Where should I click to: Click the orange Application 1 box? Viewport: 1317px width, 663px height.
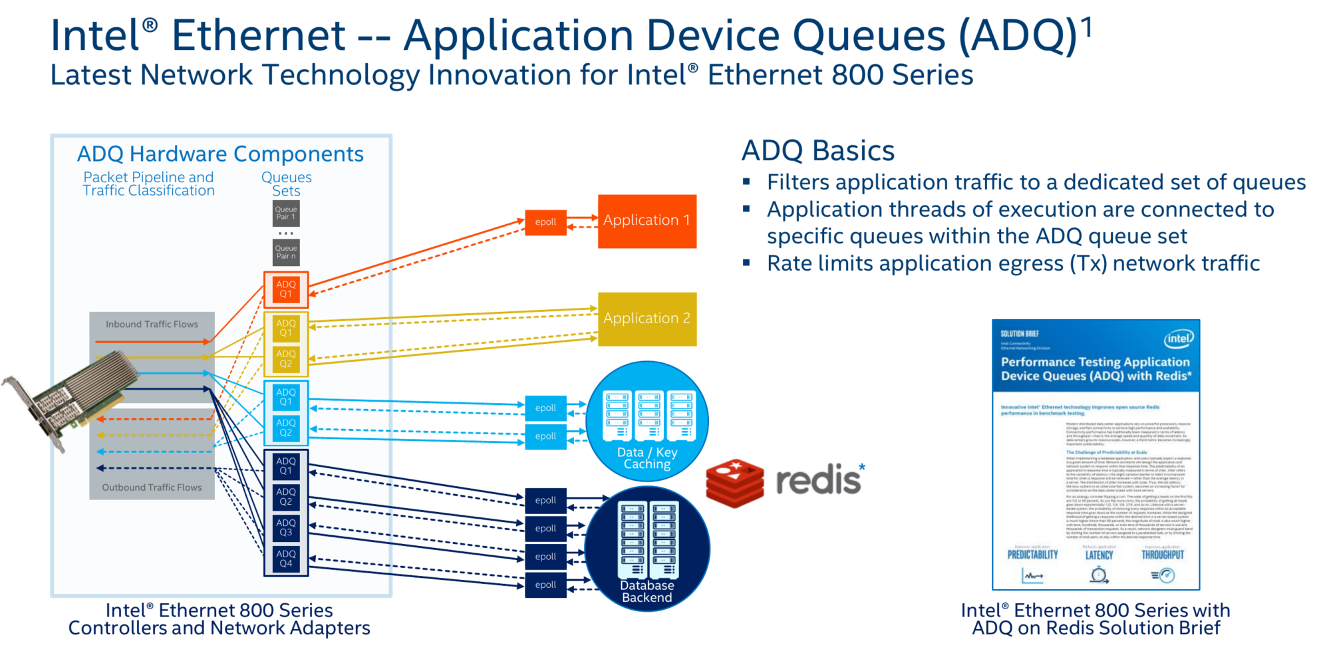point(647,221)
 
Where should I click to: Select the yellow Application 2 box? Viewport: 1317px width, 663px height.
point(647,319)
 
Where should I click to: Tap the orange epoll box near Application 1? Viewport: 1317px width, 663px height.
point(545,222)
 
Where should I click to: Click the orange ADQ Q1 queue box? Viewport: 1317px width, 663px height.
point(286,289)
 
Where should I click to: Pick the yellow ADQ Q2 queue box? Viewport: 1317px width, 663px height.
point(286,359)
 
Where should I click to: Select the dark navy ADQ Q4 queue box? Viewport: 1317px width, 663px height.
point(286,559)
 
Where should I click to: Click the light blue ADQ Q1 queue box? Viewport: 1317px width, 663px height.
point(286,397)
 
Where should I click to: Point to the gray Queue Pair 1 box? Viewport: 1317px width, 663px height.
point(286,213)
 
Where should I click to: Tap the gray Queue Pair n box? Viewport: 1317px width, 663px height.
point(286,253)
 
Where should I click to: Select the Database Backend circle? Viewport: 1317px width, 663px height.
point(647,549)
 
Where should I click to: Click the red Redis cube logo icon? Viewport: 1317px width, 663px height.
point(735,483)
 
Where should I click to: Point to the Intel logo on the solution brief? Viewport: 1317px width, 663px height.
point(1178,338)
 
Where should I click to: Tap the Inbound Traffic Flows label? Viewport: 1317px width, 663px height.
point(152,325)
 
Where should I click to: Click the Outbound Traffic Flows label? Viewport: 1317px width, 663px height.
point(152,487)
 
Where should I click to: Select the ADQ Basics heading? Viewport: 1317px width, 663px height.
point(817,151)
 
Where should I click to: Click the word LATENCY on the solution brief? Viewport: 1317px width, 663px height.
point(1099,555)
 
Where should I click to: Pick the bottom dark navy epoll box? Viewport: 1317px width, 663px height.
point(545,585)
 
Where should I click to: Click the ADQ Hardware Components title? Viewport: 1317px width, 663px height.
point(220,154)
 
